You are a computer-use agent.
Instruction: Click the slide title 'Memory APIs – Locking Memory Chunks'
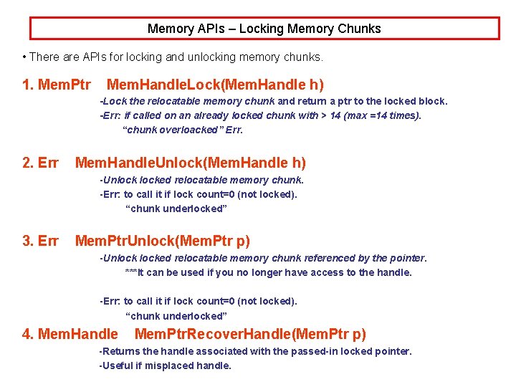264,29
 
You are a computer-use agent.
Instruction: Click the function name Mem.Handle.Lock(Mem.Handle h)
215,85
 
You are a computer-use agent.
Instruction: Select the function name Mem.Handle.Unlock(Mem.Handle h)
190,163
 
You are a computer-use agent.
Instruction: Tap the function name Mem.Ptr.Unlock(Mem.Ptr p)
163,241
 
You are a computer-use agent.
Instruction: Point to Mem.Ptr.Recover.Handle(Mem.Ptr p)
250,334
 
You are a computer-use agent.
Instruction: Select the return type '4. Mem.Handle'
70,334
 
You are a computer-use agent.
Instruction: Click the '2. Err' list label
40,163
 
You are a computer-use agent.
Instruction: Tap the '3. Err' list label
40,241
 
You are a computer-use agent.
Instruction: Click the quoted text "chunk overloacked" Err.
183,130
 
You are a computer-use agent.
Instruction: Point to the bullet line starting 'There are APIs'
173,56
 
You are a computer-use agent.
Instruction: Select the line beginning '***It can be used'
268,272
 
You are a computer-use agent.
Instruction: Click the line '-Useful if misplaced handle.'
165,365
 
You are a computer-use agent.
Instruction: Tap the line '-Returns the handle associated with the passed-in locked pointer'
255,351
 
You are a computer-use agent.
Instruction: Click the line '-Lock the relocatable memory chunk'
273,101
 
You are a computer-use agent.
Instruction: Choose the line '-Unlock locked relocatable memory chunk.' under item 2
201,180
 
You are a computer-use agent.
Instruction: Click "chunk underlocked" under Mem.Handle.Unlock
176,209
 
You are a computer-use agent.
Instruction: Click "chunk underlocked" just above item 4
176,315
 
